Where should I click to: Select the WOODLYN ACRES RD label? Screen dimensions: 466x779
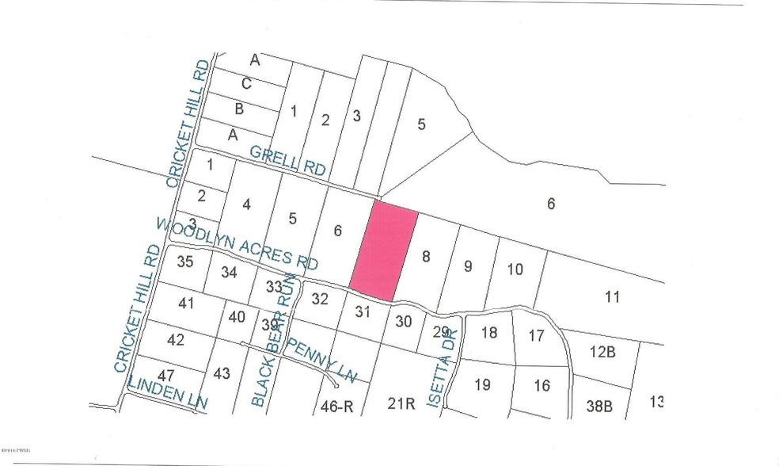tap(237, 243)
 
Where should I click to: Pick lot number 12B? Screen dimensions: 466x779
tap(603, 350)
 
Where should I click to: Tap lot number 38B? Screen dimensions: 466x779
tap(599, 405)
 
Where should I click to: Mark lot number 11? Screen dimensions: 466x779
tap(611, 297)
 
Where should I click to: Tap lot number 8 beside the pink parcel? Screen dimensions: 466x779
tap(427, 255)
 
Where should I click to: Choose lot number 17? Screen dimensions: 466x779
tap(536, 335)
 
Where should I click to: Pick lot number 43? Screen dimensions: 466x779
tap(222, 374)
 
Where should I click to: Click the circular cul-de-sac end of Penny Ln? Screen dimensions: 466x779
tap(336, 386)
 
